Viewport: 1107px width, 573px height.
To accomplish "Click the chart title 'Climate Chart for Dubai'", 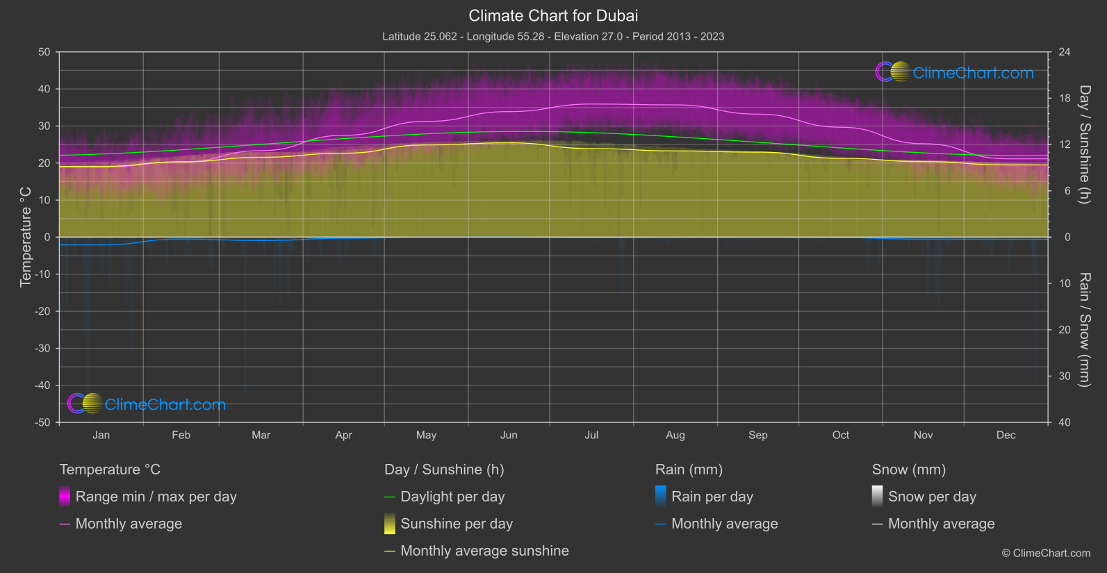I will pyautogui.click(x=553, y=15).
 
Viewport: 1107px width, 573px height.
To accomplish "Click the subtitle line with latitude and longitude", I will pyautogui.click(x=553, y=36).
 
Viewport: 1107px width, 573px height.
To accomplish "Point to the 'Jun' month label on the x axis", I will pyautogui.click(x=509, y=435).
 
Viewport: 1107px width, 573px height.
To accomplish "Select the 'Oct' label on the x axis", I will pyautogui.click(x=840, y=435).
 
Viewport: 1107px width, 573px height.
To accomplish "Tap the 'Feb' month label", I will pyautogui.click(x=181, y=435).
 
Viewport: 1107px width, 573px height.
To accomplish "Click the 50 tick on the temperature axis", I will pyautogui.click(x=44, y=52).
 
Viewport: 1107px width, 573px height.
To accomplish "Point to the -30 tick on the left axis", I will pyautogui.click(x=42, y=348).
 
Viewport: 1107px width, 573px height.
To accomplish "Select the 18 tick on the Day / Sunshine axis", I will pyautogui.click(x=1064, y=98).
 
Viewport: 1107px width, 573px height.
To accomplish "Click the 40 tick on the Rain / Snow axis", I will pyautogui.click(x=1064, y=422).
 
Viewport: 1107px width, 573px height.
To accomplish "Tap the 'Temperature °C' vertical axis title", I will pyautogui.click(x=26, y=236).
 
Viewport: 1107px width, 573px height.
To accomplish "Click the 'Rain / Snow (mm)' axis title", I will pyautogui.click(x=1084, y=329).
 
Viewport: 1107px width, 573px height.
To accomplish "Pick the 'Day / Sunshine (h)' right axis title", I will pyautogui.click(x=1084, y=144).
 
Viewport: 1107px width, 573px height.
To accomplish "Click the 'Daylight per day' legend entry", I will pyautogui.click(x=452, y=497).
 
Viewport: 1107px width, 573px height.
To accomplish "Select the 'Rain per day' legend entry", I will pyautogui.click(x=712, y=497).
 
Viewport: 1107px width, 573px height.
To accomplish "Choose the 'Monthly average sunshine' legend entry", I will pyautogui.click(x=484, y=551).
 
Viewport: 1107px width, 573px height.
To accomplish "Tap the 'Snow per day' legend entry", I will pyautogui.click(x=932, y=497).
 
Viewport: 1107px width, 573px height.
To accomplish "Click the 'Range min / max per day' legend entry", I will pyautogui.click(x=156, y=497).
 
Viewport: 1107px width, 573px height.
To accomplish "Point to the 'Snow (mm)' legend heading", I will pyautogui.click(x=908, y=470).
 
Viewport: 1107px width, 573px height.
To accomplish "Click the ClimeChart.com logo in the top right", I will pyautogui.click(x=955, y=72).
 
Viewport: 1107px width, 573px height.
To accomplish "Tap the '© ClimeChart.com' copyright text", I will pyautogui.click(x=1046, y=553).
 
